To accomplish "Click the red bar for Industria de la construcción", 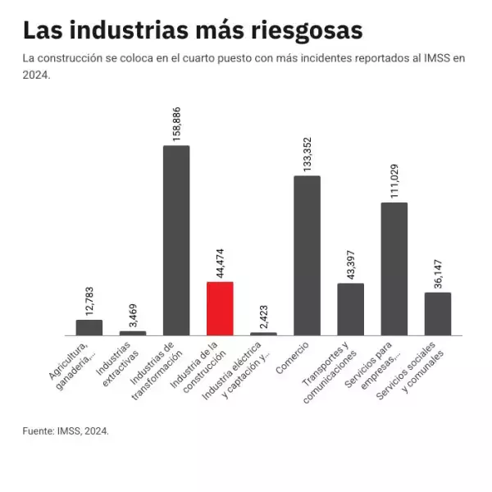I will (x=220, y=308).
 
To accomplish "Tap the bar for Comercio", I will (x=307, y=255).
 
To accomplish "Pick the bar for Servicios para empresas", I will (x=394, y=269).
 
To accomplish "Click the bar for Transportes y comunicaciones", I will (x=350, y=309).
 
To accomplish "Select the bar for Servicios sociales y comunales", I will (x=437, y=313).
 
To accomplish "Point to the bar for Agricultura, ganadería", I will (x=89, y=327).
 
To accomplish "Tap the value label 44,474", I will (x=220, y=260).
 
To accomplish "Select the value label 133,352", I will (x=307, y=153).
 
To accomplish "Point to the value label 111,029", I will (x=394, y=180).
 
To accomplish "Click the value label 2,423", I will (x=263, y=314).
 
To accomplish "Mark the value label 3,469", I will (x=133, y=313).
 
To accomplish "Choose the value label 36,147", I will (x=438, y=272).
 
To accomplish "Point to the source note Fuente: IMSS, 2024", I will (x=66, y=430).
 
